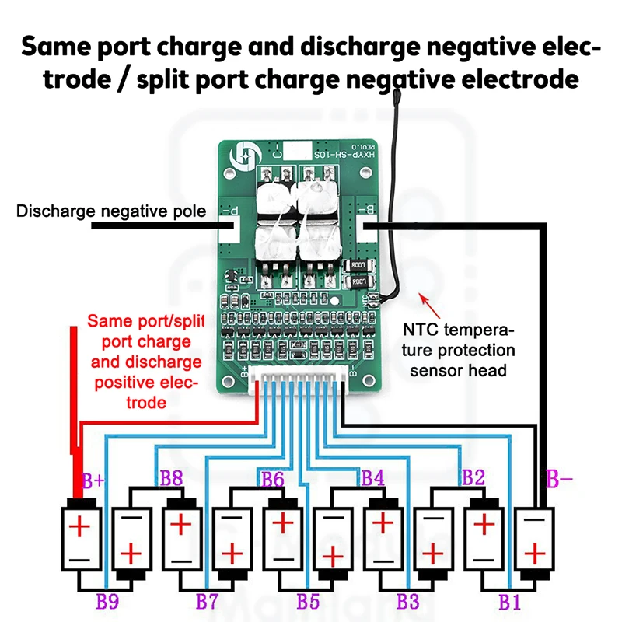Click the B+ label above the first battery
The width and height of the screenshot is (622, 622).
click(x=93, y=482)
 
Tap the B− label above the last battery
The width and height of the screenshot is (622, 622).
click(x=559, y=479)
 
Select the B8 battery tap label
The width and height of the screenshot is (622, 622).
click(x=171, y=477)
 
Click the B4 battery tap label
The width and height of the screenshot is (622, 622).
click(x=373, y=477)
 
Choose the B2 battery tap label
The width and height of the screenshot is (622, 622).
click(x=473, y=477)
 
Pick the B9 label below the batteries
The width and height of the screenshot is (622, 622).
click(x=107, y=600)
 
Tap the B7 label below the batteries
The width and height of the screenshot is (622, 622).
click(x=207, y=600)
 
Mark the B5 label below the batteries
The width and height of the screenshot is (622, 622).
click(x=308, y=600)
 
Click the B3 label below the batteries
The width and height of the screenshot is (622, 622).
click(x=408, y=600)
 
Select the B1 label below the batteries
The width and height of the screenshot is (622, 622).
click(x=509, y=600)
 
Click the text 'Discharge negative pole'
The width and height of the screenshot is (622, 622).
click(x=111, y=211)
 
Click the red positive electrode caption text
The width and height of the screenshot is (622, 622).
click(x=145, y=362)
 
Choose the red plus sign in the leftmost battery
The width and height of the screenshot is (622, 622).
click(x=81, y=528)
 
